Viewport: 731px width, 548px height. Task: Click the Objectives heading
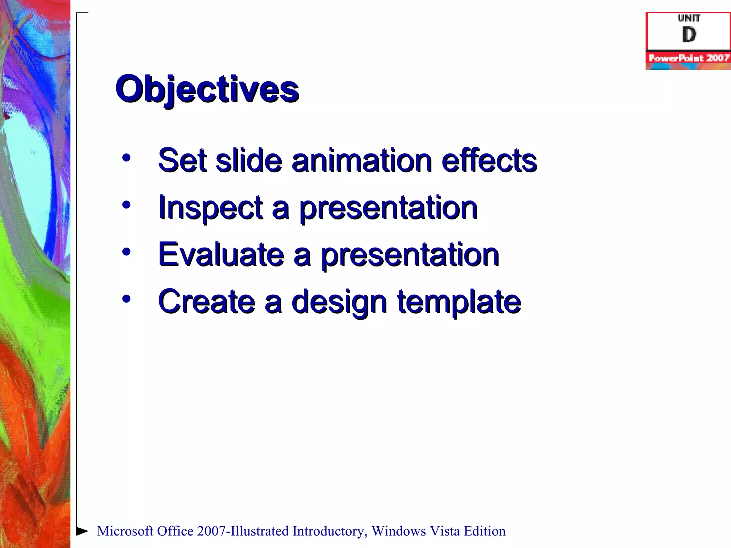[x=207, y=89]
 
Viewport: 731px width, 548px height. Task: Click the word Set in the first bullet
[x=182, y=161]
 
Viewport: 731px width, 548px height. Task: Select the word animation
[x=362, y=161]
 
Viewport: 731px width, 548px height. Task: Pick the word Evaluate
[x=221, y=255]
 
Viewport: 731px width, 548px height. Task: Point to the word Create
[x=206, y=302]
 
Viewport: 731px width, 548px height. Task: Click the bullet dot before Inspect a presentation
[x=126, y=205]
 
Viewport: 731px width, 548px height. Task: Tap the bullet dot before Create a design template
[x=126, y=299]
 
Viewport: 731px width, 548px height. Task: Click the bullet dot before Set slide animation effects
[x=126, y=157]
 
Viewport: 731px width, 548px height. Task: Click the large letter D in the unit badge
[x=689, y=35]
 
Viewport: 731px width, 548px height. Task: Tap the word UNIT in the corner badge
[x=689, y=18]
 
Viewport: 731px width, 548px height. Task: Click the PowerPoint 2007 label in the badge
[x=689, y=58]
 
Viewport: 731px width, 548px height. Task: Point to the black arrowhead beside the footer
[x=82, y=531]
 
